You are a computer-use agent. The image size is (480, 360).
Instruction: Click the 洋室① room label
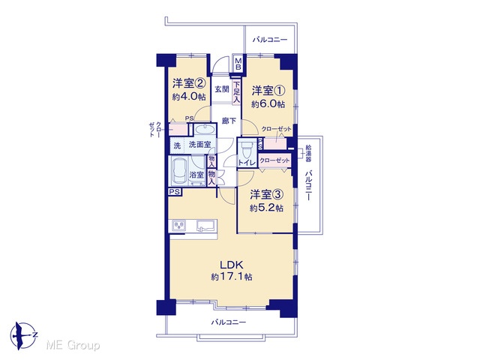[x=268, y=91]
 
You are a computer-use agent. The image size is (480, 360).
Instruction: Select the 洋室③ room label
[x=267, y=194]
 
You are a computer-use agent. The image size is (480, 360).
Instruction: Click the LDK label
[x=232, y=264]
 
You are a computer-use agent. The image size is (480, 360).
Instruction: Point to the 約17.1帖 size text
[x=232, y=277]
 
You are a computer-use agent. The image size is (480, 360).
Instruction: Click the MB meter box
[x=238, y=64]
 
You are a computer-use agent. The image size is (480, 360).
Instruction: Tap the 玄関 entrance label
[x=222, y=89]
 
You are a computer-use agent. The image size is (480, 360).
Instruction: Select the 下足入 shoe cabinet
[x=237, y=92]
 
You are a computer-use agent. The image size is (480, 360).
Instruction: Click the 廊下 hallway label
[x=229, y=121]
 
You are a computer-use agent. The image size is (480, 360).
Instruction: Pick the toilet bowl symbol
[x=246, y=150]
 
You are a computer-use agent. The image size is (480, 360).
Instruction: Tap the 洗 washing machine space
[x=177, y=145]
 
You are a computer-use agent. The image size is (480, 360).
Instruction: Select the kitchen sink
[x=205, y=226]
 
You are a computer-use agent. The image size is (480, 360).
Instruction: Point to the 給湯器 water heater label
[x=308, y=153]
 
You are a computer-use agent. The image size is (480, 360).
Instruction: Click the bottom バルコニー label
[x=228, y=322]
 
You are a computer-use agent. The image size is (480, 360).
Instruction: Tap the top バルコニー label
[x=270, y=40]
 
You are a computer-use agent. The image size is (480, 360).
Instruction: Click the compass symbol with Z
[x=24, y=335]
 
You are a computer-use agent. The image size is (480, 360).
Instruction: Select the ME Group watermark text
[x=73, y=345]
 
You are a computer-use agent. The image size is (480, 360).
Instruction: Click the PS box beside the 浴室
[x=175, y=192]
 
